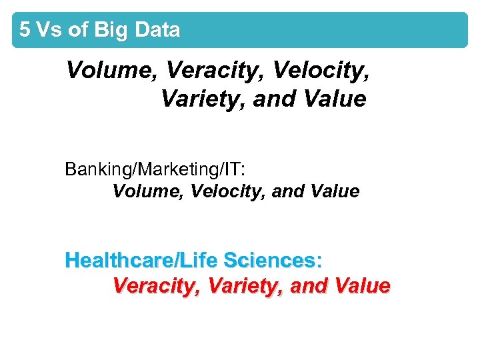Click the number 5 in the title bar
25,30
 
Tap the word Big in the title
111,30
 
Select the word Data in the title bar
157,30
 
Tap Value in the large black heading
334,99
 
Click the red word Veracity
157,286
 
